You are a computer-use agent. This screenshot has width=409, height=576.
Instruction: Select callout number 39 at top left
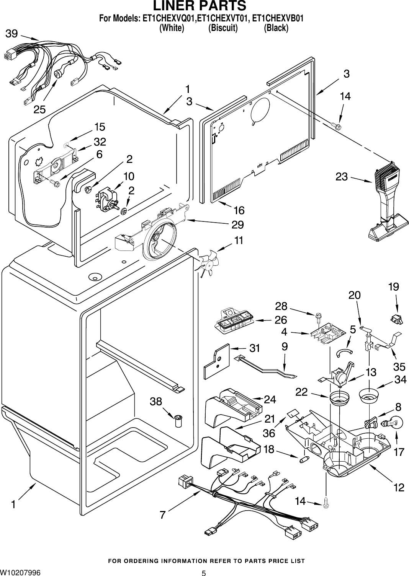click(x=11, y=34)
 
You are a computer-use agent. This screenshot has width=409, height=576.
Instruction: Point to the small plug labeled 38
click(x=178, y=421)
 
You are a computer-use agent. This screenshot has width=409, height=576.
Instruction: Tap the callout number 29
click(x=237, y=224)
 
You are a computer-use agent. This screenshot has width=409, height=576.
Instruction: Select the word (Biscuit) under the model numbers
click(x=223, y=28)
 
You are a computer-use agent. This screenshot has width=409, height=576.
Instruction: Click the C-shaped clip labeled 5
click(x=344, y=353)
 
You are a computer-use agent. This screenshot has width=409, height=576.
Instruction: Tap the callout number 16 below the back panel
click(x=239, y=210)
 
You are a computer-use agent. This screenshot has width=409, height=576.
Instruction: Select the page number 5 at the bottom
click(x=204, y=573)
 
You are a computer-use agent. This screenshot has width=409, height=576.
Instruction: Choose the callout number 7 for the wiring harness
click(x=163, y=515)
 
